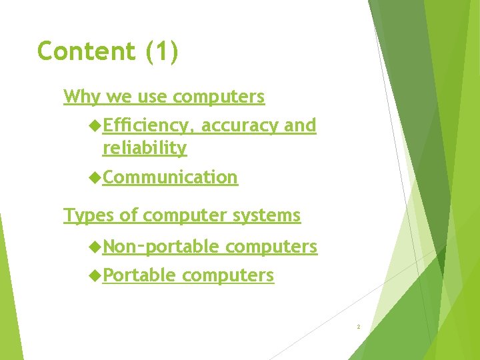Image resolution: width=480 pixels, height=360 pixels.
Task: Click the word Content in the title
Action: [87, 51]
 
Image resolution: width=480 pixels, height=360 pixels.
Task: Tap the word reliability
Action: [144, 148]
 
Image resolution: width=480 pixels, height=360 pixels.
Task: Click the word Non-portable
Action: [161, 247]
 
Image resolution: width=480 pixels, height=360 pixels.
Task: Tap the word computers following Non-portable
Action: [271, 247]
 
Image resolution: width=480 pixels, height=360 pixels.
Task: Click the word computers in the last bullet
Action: [227, 275]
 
